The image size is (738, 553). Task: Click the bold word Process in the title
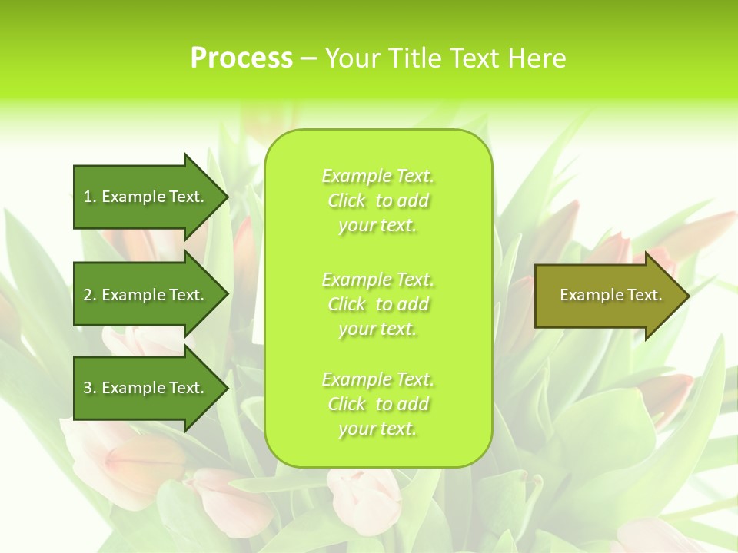coord(241,58)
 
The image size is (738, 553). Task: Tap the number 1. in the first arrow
coord(90,197)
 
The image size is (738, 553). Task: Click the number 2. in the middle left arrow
coord(90,295)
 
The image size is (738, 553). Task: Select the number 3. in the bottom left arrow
coord(90,388)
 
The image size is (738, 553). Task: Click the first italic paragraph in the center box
coord(377,200)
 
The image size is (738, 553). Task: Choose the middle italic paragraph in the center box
coord(377,303)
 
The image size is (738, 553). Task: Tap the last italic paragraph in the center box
coord(377,404)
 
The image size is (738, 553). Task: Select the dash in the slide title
coord(308,58)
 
